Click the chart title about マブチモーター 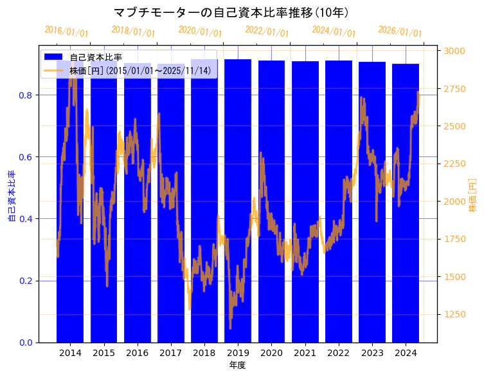pyautogui.click(x=231, y=13)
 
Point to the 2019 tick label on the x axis pyautogui.click(x=238, y=353)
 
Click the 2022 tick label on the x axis pyautogui.click(x=338, y=353)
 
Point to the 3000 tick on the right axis pyautogui.click(x=455, y=51)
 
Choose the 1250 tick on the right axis pyautogui.click(x=455, y=314)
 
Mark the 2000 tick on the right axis pyautogui.click(x=455, y=202)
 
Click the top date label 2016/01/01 pyautogui.click(x=66, y=32)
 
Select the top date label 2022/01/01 pyautogui.click(x=267, y=32)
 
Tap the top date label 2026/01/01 pyautogui.click(x=400, y=32)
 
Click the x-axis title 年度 pyautogui.click(x=238, y=365)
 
